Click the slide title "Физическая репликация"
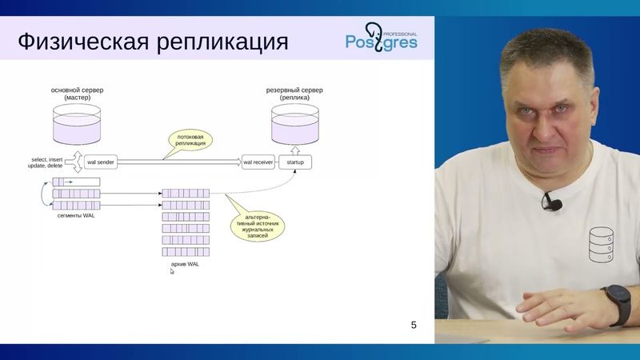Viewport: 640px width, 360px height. coord(152,41)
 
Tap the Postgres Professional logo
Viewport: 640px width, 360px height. coord(381,39)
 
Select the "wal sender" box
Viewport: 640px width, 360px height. coord(100,162)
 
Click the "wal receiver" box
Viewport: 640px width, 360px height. coord(258,162)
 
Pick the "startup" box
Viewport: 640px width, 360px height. coord(295,162)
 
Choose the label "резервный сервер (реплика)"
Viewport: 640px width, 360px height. coord(294,94)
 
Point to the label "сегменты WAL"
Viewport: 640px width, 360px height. coord(76,216)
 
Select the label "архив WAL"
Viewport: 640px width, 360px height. coord(185,263)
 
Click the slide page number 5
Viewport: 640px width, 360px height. coord(414,324)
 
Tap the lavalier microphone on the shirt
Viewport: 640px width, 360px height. coord(551,202)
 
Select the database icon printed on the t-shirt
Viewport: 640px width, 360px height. coord(601,246)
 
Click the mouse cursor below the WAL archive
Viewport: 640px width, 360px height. coord(172,271)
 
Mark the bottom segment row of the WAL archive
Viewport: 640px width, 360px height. coord(185,250)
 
